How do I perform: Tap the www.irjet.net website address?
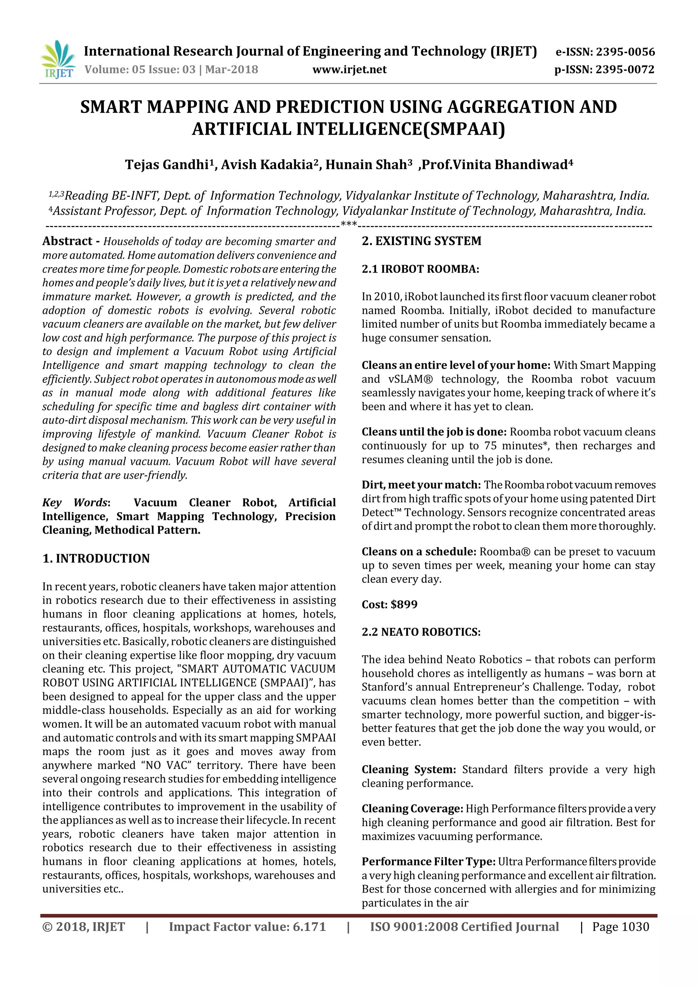click(349, 70)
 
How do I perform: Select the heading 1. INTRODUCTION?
click(96, 558)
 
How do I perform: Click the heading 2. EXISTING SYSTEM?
click(421, 241)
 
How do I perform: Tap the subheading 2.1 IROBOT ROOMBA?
click(420, 269)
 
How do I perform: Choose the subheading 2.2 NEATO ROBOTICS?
click(421, 632)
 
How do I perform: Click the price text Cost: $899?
click(390, 604)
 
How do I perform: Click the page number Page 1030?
click(620, 926)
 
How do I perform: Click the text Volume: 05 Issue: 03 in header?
click(140, 70)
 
